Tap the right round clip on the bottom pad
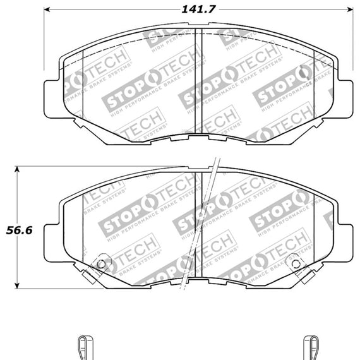292,264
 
